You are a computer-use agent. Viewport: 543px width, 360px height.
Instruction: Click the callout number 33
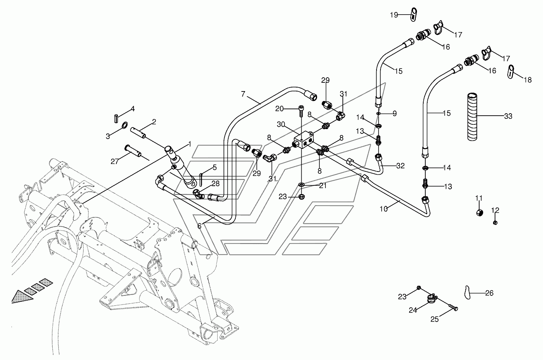508,116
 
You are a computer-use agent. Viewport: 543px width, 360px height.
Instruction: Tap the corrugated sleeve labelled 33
472,116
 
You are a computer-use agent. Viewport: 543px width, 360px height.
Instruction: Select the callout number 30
281,124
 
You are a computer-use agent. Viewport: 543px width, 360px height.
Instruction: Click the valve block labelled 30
303,140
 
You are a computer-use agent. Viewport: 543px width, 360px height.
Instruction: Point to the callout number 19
394,15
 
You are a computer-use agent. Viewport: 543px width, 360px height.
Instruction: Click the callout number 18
528,80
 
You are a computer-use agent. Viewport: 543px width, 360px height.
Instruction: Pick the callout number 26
489,293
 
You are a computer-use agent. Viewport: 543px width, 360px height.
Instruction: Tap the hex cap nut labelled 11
479,213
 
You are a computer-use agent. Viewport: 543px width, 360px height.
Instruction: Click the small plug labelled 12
495,223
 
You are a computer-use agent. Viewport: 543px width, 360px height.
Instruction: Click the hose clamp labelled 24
432,299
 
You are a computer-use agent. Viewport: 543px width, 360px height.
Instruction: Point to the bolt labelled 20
301,111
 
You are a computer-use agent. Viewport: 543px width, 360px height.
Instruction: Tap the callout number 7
243,94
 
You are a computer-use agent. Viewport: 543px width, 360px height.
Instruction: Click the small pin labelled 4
116,119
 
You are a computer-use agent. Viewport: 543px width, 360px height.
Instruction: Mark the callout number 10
384,209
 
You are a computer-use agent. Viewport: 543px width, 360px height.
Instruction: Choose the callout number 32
400,166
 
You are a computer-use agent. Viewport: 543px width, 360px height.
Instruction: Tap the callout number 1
190,144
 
